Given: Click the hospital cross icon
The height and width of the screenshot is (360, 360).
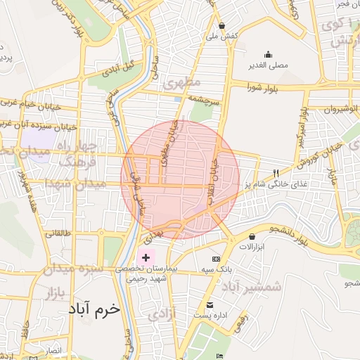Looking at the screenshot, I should (x=146, y=258).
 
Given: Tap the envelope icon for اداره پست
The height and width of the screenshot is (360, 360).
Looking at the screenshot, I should (x=210, y=304).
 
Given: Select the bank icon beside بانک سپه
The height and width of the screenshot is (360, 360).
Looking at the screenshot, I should (x=226, y=259).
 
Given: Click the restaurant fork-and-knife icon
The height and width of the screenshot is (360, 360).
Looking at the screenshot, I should (x=276, y=173).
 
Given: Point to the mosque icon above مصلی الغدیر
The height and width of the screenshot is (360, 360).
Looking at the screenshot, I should (x=268, y=54).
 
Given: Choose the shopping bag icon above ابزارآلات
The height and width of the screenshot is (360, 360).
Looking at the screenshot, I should (x=252, y=236).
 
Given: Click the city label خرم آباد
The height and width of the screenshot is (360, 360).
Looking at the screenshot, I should (x=96, y=309).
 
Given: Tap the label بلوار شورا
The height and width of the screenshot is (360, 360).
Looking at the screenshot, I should (x=263, y=87).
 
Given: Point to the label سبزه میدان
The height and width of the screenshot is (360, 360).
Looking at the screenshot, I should (x=72, y=268).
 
